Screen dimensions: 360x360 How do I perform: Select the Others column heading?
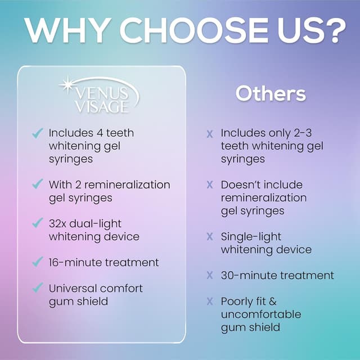pyautogui.click(x=271, y=93)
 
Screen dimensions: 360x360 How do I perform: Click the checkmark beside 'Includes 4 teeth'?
pyautogui.click(x=38, y=133)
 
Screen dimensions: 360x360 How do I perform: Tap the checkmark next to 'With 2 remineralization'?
pyautogui.click(x=38, y=184)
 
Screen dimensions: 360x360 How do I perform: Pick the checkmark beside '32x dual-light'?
pyautogui.click(x=38, y=224)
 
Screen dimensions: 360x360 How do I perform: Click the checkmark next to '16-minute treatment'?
pyautogui.click(x=38, y=263)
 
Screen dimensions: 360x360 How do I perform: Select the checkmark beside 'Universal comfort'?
pyautogui.click(x=38, y=289)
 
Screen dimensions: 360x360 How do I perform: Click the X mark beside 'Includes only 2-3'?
pyautogui.click(x=210, y=134)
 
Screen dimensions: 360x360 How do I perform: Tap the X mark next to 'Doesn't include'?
pyautogui.click(x=210, y=185)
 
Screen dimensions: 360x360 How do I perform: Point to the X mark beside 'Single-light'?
pyautogui.click(x=210, y=237)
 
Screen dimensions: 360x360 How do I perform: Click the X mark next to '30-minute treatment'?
pyautogui.click(x=210, y=276)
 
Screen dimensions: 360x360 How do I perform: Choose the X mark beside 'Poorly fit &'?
pyautogui.click(x=210, y=301)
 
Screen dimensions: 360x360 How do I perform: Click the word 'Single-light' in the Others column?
pyautogui.click(x=251, y=237)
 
